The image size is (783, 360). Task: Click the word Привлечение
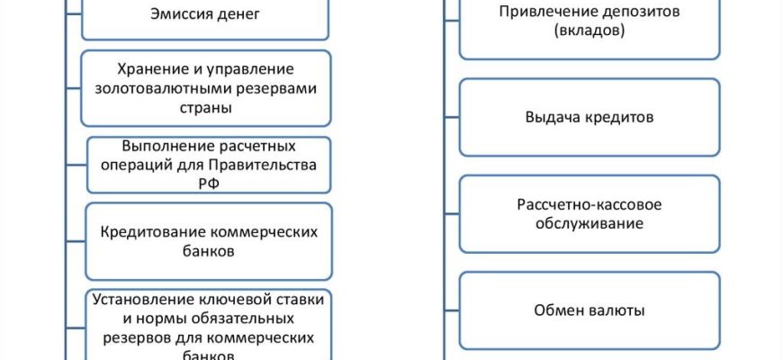(x=542, y=12)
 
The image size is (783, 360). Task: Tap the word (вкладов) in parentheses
(x=590, y=30)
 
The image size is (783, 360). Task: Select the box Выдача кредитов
(x=590, y=117)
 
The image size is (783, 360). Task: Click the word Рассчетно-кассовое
(x=590, y=204)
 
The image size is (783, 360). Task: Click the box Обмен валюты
(x=590, y=310)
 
